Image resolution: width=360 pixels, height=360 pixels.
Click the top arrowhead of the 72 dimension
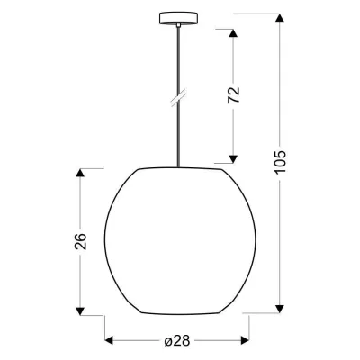coord(232,35)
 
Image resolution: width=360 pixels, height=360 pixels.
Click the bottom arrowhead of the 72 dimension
coord(232,154)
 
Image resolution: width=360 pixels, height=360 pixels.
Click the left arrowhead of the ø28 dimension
coord(112,339)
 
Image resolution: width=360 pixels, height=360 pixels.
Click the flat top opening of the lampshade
coord(178,168)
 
